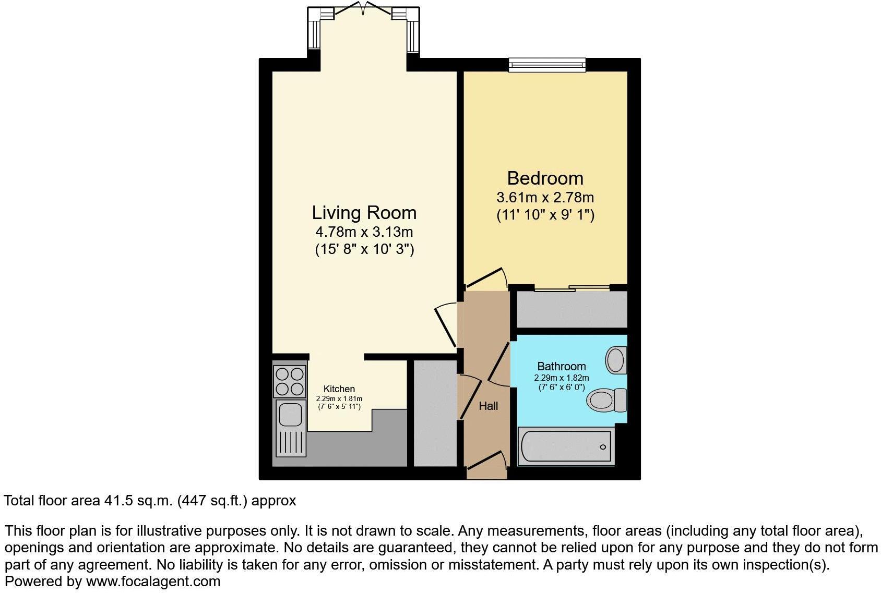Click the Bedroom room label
pyautogui.click(x=545, y=178)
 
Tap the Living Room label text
pyautogui.click(x=364, y=213)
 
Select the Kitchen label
pyautogui.click(x=339, y=389)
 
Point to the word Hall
pyautogui.click(x=489, y=406)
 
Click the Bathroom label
pyautogui.click(x=562, y=366)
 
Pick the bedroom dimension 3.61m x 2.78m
pyautogui.click(x=545, y=198)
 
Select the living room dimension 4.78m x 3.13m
pyautogui.click(x=364, y=232)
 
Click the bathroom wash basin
pyautogui.click(x=616, y=360)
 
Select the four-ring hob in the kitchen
pyautogui.click(x=290, y=381)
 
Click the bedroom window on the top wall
pyautogui.click(x=547, y=65)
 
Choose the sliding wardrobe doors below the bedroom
pyautogui.click(x=572, y=287)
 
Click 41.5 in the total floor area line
pyautogui.click(x=116, y=501)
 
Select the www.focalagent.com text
pyautogui.click(x=153, y=581)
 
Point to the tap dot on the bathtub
pyautogui.click(x=603, y=447)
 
